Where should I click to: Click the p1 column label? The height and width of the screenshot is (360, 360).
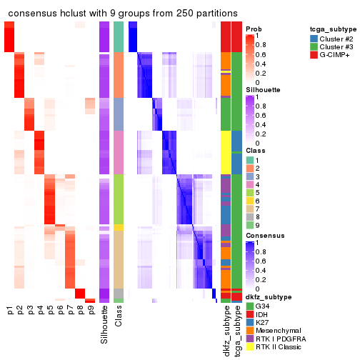pos(10,311)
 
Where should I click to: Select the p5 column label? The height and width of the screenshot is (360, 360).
pos(50,311)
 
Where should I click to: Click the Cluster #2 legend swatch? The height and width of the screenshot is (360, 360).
pos(314,38)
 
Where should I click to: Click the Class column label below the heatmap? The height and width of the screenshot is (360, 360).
pos(119,318)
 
